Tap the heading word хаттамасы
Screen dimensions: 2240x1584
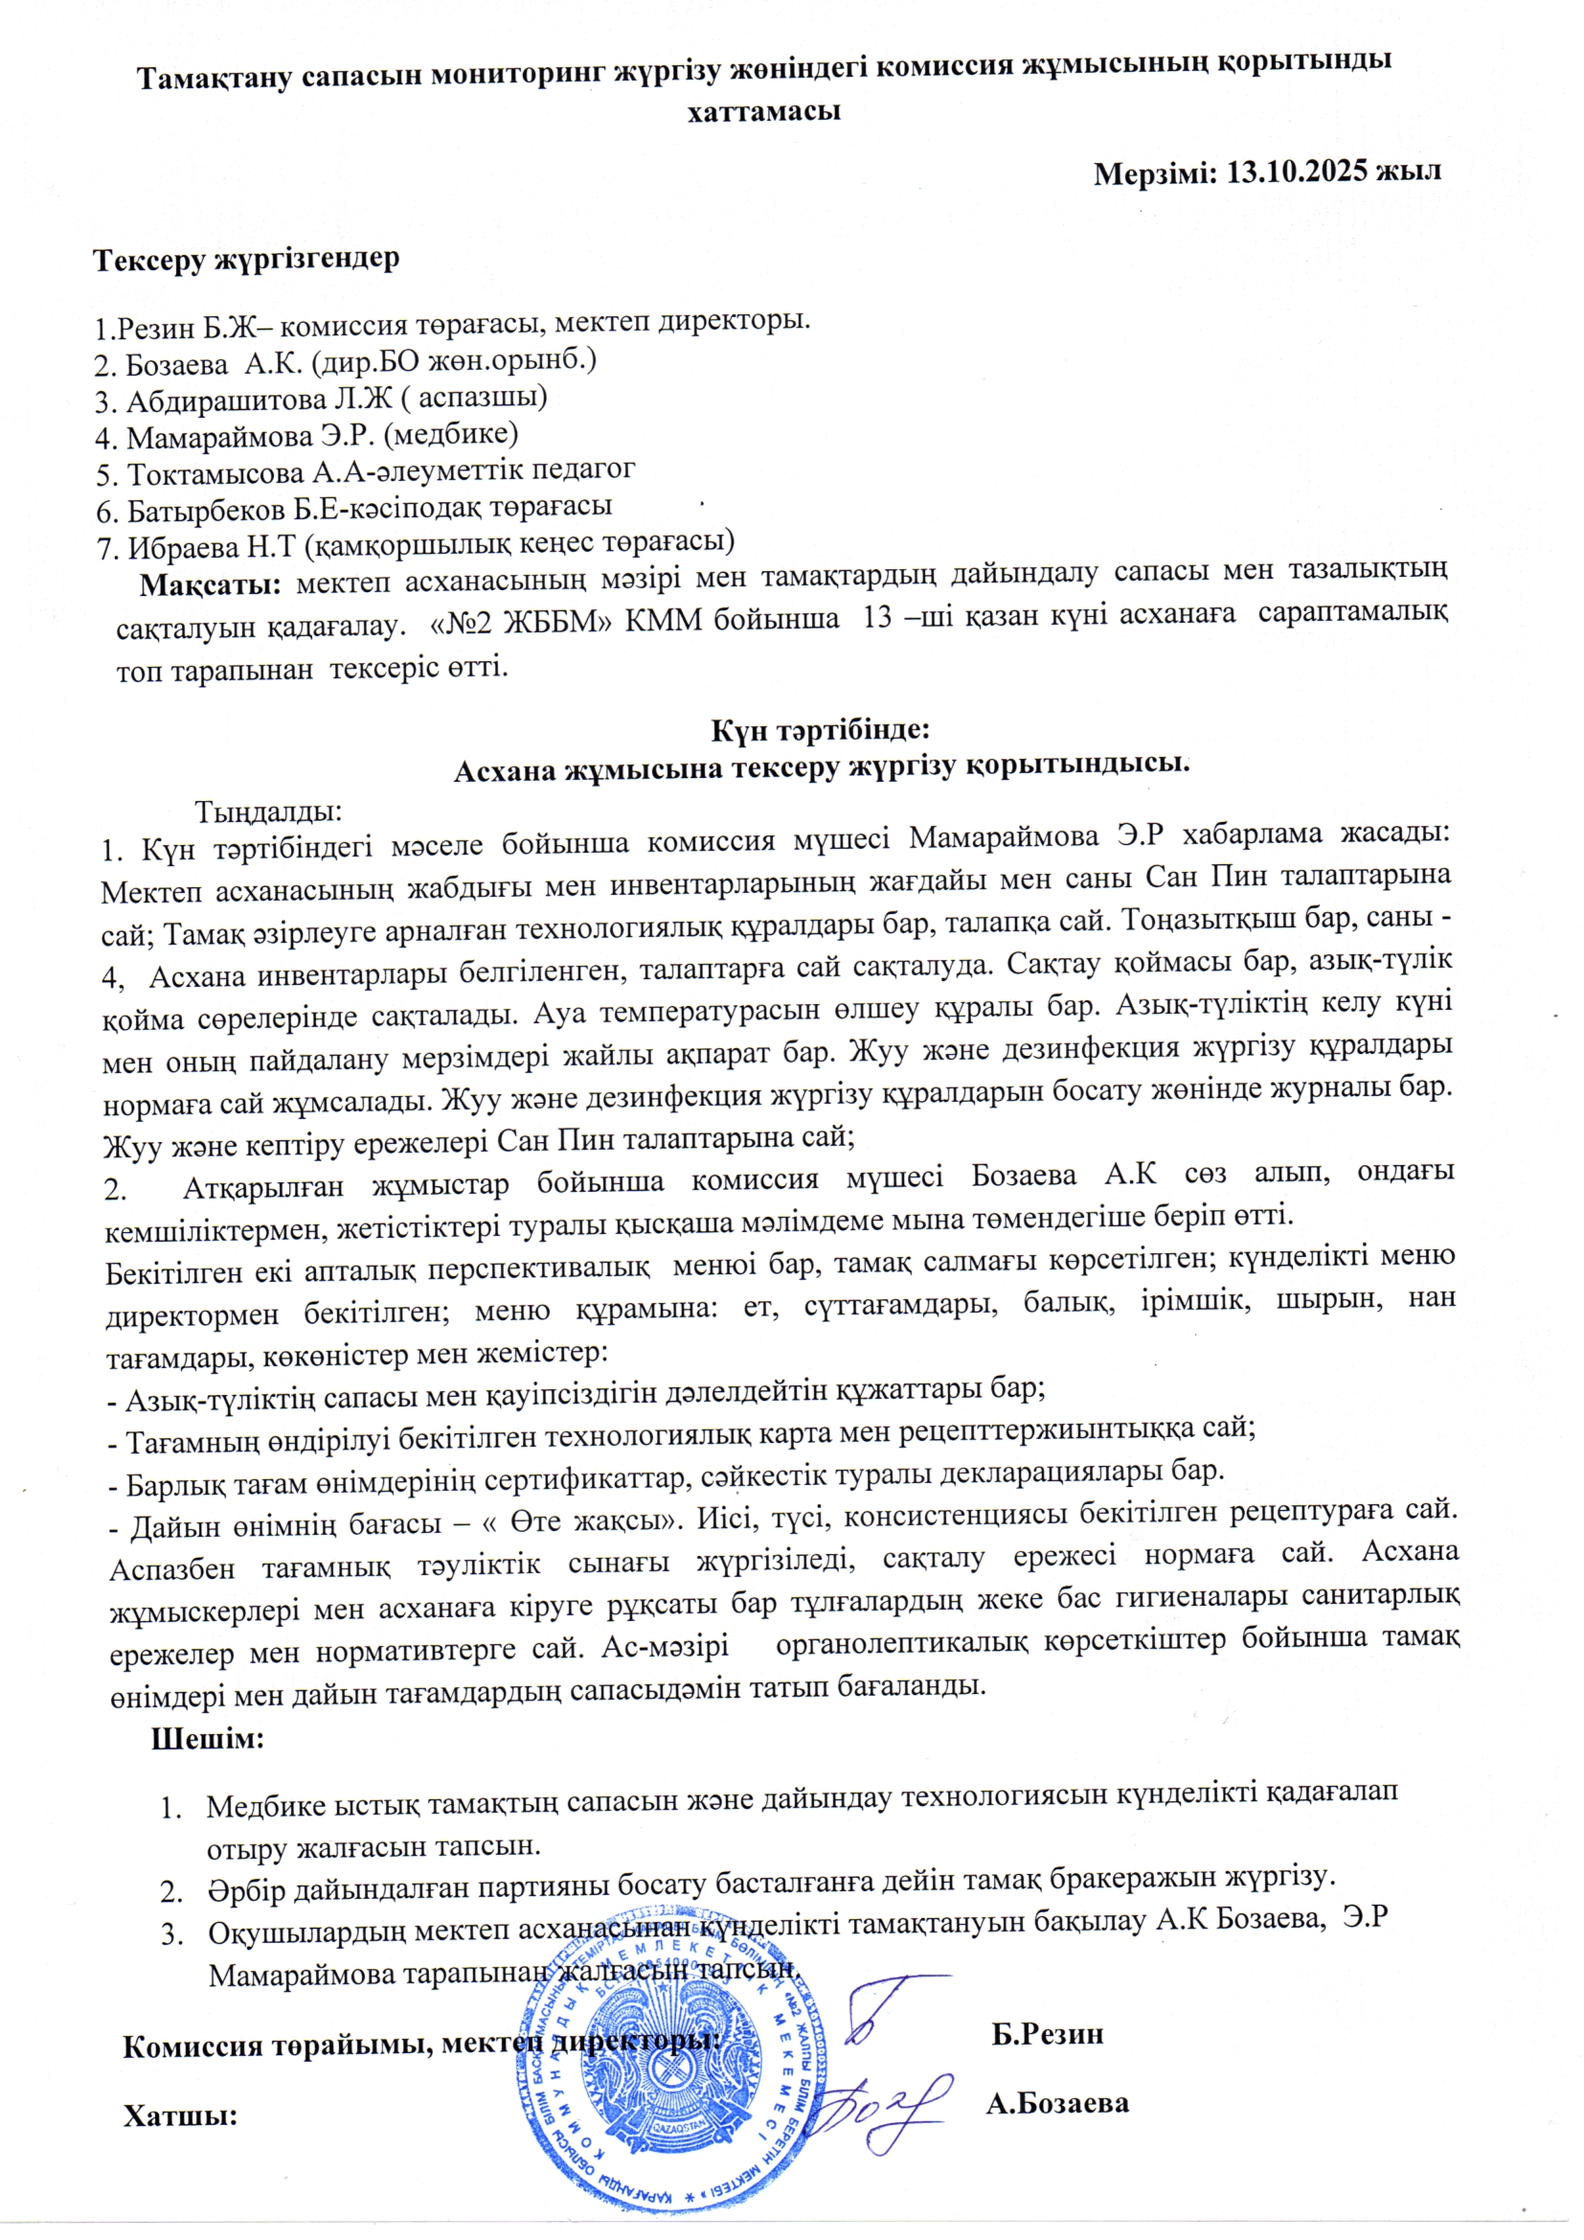pos(764,111)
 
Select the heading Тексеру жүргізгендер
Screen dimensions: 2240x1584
pos(246,260)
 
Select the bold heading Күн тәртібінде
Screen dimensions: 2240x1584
pos(823,730)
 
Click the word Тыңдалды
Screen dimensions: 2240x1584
pos(268,811)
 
